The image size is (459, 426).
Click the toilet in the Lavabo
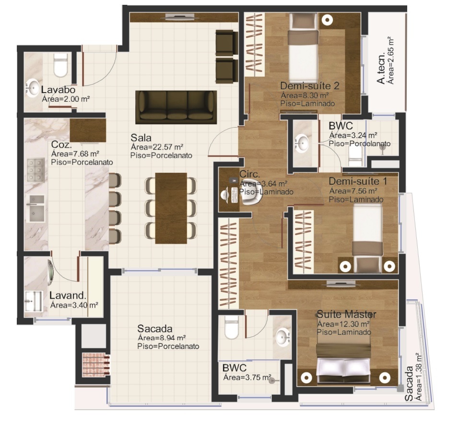pyautogui.click(x=61, y=65)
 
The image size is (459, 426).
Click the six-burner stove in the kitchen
pyautogui.click(x=35, y=170)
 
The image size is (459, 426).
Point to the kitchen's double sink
pyautogui.click(x=35, y=209)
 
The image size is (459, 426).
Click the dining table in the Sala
pyautogui.click(x=171, y=208)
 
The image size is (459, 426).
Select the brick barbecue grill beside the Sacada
pyautogui.click(x=96, y=365)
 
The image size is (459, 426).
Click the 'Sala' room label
pyautogui.click(x=141, y=138)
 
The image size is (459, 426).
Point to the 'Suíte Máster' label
pyautogui.click(x=346, y=314)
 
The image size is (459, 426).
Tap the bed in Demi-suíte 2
pyautogui.click(x=303, y=48)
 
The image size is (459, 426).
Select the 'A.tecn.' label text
pyautogui.click(x=380, y=69)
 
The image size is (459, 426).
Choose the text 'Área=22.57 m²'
pyautogui.click(x=157, y=147)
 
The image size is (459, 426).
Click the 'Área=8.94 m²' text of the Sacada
pyautogui.click(x=162, y=338)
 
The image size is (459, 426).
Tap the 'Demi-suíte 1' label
pyautogui.click(x=358, y=181)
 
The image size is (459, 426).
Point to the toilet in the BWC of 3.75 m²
pyautogui.click(x=232, y=327)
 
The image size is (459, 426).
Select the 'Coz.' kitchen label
pyautogui.click(x=61, y=144)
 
